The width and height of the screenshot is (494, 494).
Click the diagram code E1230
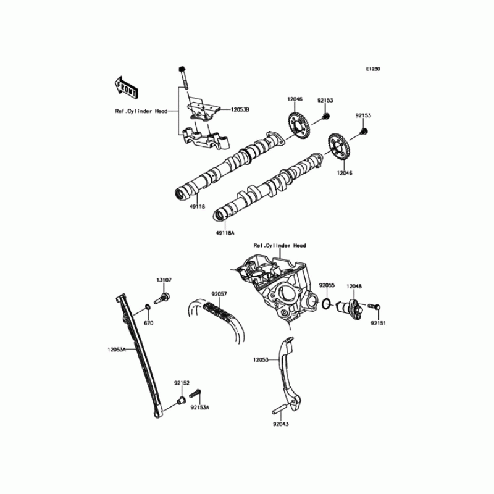click(372, 69)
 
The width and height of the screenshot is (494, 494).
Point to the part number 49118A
click(225, 233)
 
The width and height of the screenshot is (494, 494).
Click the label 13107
click(164, 280)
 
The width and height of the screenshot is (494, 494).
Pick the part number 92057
click(220, 295)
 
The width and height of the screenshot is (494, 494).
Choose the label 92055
click(327, 285)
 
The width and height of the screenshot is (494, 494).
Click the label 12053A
click(117, 349)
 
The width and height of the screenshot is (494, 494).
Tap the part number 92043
click(281, 424)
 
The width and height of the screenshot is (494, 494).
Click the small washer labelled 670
click(148, 308)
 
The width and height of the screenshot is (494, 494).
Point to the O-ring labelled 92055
click(327, 304)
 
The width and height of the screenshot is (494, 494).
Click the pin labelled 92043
click(278, 408)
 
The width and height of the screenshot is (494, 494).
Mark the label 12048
click(354, 285)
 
